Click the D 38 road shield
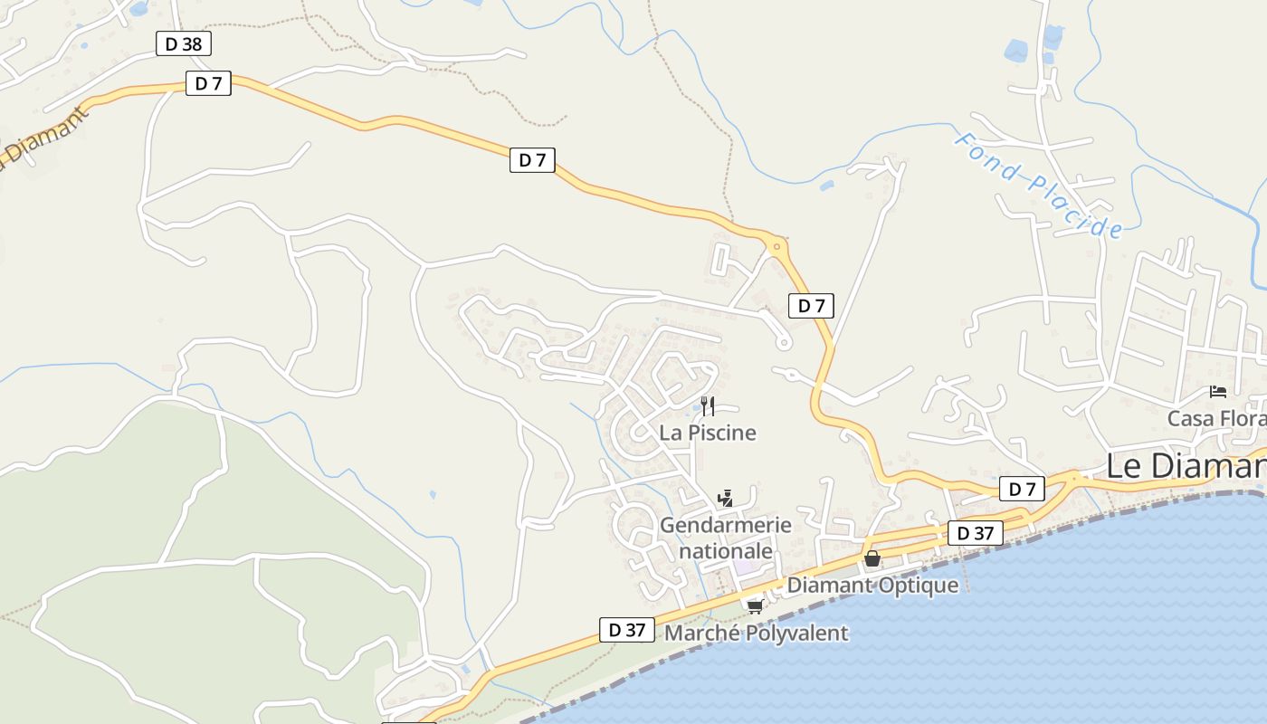click(x=184, y=43)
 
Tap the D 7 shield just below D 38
click(x=208, y=83)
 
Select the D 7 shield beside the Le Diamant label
click(x=1022, y=490)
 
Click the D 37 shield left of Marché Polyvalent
click(x=626, y=630)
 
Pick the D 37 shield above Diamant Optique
click(x=976, y=533)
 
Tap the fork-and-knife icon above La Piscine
click(x=708, y=405)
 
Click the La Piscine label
click(x=708, y=433)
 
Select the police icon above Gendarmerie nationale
click(x=724, y=497)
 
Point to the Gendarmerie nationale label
click(x=726, y=538)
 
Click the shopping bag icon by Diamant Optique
click(x=872, y=558)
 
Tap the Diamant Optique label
click(x=872, y=585)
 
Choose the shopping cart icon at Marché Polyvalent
click(x=754, y=605)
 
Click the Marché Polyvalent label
click(x=757, y=633)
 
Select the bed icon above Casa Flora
click(x=1218, y=392)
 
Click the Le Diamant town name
click(x=1186, y=466)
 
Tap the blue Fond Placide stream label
click(x=1039, y=186)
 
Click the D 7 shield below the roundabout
click(x=811, y=306)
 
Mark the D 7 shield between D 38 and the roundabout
click(x=532, y=160)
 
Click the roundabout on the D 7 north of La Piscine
click(x=776, y=245)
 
